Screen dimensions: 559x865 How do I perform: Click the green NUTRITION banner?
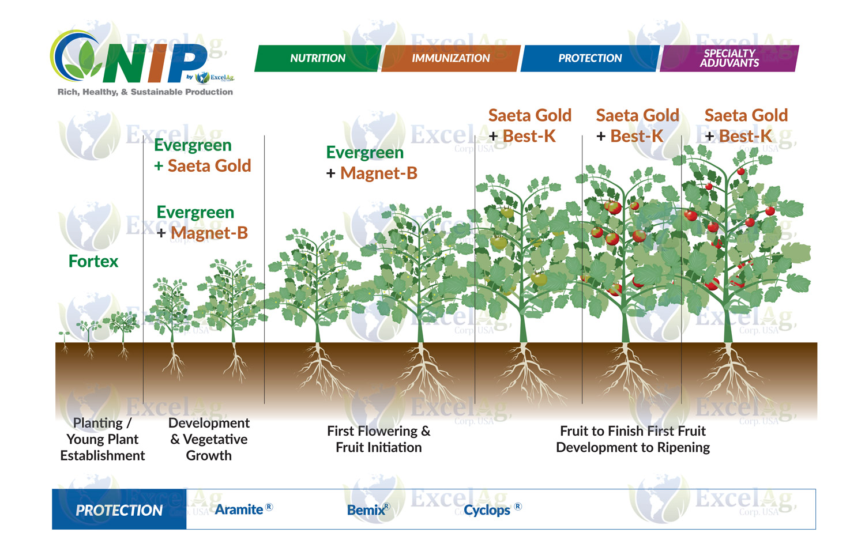[x=317, y=58]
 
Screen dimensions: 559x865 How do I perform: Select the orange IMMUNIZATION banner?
[x=450, y=58]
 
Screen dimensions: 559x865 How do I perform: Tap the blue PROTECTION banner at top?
[x=589, y=58]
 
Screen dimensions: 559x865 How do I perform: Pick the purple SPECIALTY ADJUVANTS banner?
[x=729, y=58]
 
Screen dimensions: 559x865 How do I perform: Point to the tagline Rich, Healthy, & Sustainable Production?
[x=145, y=92]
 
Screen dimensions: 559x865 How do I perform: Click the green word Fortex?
[x=93, y=262]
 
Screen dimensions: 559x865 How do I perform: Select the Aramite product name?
[x=239, y=509]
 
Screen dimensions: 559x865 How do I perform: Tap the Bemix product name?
[x=366, y=510]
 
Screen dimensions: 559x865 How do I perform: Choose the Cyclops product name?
[x=487, y=510]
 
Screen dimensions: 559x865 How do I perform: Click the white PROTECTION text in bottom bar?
[x=119, y=510]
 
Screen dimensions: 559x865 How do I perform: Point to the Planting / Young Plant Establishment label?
[x=103, y=439]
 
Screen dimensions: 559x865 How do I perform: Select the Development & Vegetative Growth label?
[x=209, y=439]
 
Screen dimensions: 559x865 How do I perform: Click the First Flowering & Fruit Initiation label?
[x=379, y=439]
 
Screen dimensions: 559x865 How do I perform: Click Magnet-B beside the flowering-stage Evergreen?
[x=379, y=173]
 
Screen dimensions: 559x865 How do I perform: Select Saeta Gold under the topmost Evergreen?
[x=209, y=166]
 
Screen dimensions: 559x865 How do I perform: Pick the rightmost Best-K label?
[x=745, y=137]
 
